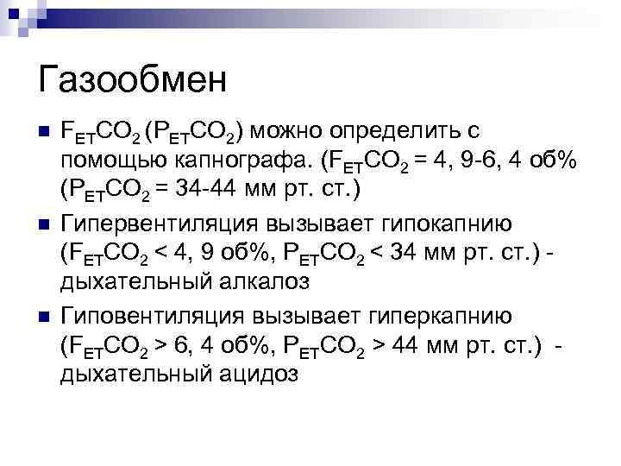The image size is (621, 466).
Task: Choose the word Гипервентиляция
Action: pos(154,224)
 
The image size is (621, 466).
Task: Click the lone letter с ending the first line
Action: pos(473,131)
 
